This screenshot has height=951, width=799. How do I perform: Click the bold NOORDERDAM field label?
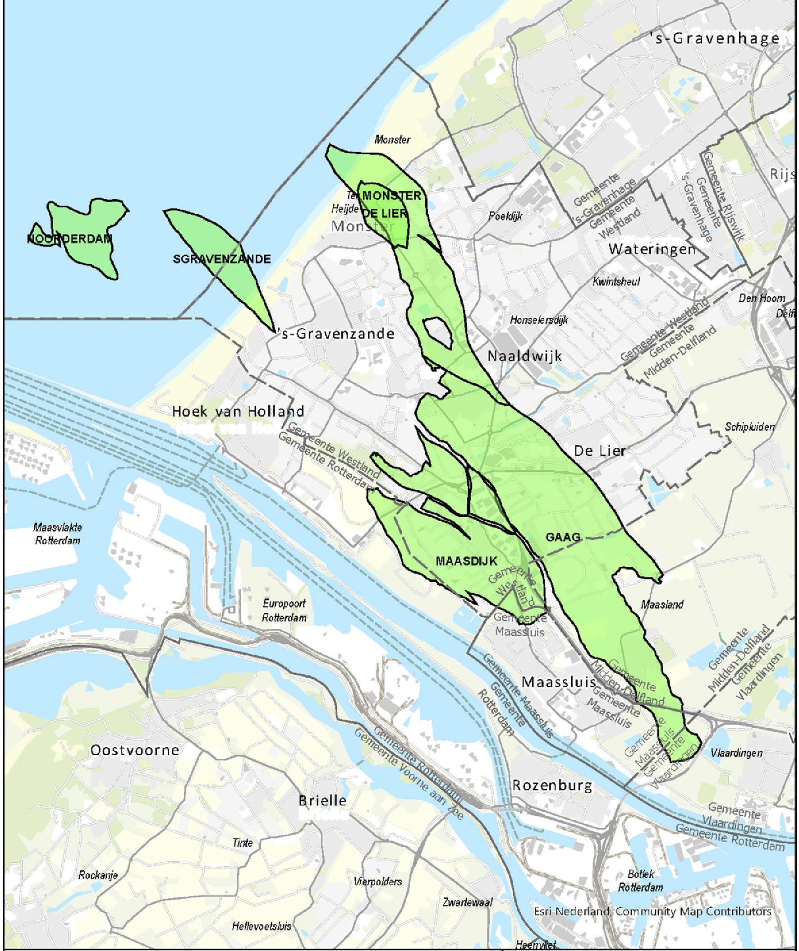pos(70,239)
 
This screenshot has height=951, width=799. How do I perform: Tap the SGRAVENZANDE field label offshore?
pos(222,259)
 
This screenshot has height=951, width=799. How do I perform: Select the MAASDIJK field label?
pos(467,561)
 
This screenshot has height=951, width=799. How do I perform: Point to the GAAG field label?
pos(563,537)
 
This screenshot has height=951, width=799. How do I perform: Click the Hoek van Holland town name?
pos(238,412)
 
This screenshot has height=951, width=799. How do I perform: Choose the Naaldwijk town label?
pos(524,356)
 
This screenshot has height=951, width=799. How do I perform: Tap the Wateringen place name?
pos(652,249)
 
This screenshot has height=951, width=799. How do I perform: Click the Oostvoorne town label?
pos(135,750)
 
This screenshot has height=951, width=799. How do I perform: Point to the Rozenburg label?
pos(552,785)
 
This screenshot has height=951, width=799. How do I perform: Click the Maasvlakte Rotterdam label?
pos(58,534)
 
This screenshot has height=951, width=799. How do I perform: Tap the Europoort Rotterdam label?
pos(284,610)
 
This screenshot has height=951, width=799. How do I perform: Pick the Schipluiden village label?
pos(750,427)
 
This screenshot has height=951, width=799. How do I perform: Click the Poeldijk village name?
pos(505,216)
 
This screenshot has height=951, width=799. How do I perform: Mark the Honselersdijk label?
pos(539,320)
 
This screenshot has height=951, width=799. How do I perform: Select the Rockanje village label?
pos(98,875)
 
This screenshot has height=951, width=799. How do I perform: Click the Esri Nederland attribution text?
pos(652,912)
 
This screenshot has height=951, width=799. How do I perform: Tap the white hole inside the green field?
pos(437,331)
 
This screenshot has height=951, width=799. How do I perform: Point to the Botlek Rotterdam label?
pos(640,881)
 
